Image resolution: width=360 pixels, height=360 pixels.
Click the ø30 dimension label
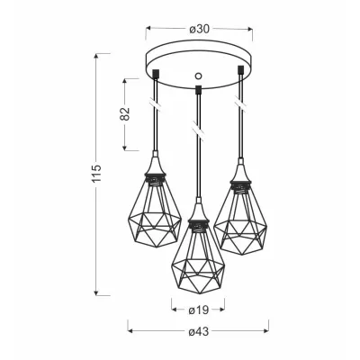click(199, 29)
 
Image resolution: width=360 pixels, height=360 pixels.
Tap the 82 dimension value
click(126, 113)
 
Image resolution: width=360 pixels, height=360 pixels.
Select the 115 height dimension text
click(97, 174)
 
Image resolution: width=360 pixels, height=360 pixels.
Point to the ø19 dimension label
click(198, 310)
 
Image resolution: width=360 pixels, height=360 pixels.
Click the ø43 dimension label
click(199, 331)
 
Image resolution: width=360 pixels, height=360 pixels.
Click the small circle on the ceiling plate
click(198, 76)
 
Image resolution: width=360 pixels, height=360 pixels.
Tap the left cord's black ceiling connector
click(156, 74)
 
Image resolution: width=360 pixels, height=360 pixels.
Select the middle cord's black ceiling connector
click(198, 89)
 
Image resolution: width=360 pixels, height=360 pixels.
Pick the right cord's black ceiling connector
click(240, 69)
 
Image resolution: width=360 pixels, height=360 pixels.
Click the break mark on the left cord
click(156, 104)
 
